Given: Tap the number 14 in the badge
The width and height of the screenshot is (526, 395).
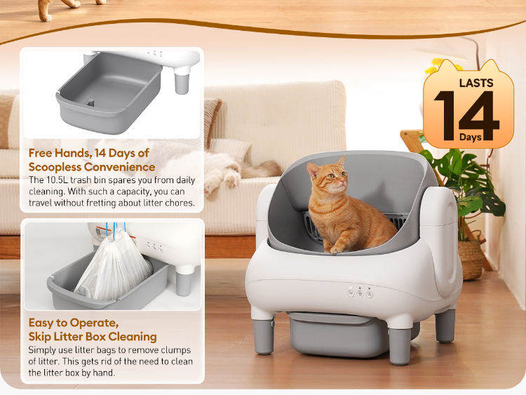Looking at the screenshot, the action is point(466,116).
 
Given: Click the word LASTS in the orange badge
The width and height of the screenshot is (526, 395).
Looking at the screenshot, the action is point(476,83).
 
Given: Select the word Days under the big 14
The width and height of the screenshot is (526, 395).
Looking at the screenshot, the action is point(471,137).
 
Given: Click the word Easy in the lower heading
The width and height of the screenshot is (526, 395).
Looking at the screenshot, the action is point(41,323).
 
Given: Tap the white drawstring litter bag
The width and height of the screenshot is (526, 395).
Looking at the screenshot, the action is point(114,265).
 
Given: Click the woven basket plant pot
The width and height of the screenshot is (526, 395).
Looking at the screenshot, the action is point(471,259).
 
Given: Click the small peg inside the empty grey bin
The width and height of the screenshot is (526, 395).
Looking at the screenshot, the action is point(90,102).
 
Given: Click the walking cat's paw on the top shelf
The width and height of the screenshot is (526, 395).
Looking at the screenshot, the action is point(46,18).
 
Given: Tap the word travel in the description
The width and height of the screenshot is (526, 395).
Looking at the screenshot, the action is point(40,203).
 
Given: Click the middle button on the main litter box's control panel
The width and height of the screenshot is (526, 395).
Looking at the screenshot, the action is point(360,294).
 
